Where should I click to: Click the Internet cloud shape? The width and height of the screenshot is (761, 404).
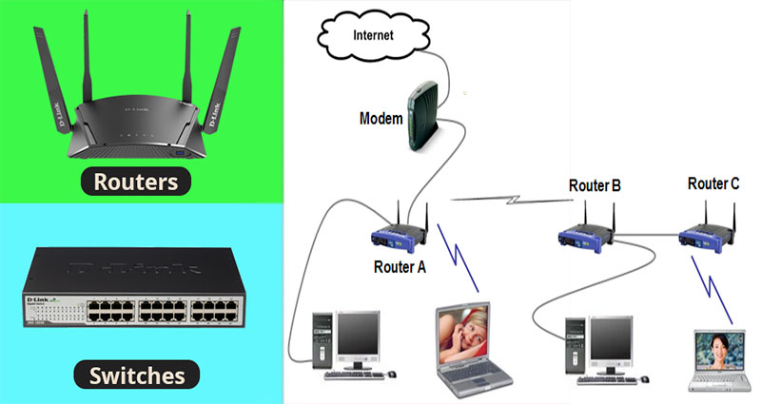pos(372,37)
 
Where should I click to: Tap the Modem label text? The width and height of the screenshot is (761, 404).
pos(380,119)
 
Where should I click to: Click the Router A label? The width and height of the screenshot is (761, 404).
pos(400,267)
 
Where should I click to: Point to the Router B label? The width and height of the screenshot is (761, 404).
pos(595,185)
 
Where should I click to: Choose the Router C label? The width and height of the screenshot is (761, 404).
pos(713,183)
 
